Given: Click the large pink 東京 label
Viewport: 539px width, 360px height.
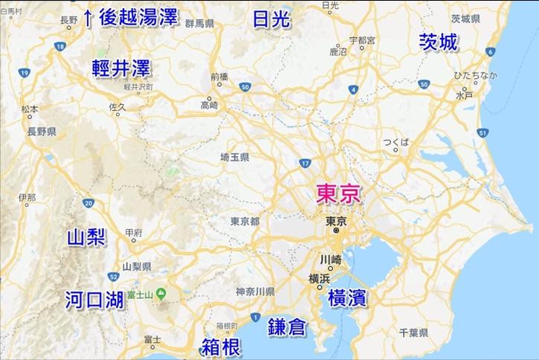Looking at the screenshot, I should tap(338, 194).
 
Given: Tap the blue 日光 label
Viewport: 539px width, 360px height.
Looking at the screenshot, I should tap(271, 20).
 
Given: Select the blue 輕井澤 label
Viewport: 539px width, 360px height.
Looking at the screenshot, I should tap(121, 68).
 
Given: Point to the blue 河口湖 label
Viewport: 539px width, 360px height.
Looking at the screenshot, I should tap(94, 300).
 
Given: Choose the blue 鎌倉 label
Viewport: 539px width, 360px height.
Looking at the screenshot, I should tap(288, 325).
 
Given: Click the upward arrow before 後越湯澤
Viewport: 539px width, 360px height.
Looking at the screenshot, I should tap(88, 16).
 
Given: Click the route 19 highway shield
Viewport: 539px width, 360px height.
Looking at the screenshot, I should tap(25, 72).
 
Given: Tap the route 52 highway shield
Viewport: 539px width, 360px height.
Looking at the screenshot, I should tap(112, 276).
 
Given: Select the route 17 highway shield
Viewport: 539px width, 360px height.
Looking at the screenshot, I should tap(305, 162).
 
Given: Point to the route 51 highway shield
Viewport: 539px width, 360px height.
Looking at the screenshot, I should tap(482, 133).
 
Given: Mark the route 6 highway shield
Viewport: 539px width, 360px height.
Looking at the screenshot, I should tap(490, 52).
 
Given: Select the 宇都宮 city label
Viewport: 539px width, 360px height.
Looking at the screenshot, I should tap(361, 39).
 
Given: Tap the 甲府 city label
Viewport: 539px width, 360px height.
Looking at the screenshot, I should tap(134, 233).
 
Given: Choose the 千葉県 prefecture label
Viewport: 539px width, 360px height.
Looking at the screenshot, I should tap(413, 332).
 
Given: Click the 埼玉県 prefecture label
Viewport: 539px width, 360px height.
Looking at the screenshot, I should tap(235, 158).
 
